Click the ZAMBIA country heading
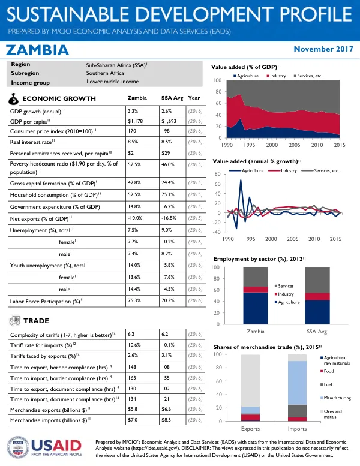pyautogui.click(x=37, y=50)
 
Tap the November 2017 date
pyautogui.click(x=323, y=49)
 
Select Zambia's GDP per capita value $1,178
pyautogui.click(x=135, y=121)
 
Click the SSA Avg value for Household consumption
pyautogui.click(x=167, y=194)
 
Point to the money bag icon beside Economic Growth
pyautogui.click(x=13, y=100)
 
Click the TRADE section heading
pyautogui.click(x=36, y=321)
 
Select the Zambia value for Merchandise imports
pyautogui.click(x=133, y=420)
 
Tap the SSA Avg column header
pyautogui.click(x=172, y=98)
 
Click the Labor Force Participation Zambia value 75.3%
pyautogui.click(x=134, y=300)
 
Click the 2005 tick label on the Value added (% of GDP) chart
pyautogui.click(x=295, y=145)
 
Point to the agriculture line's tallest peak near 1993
pyautogui.click(x=241, y=180)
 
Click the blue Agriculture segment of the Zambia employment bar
pyautogui.click(x=256, y=308)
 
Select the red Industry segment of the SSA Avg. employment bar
pyautogui.click(x=317, y=297)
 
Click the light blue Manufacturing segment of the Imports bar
pyautogui.click(x=297, y=383)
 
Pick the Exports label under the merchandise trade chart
pyautogui.click(x=250, y=429)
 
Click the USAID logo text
pyautogui.click(x=56, y=446)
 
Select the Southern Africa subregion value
pyautogui.click(x=105, y=73)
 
